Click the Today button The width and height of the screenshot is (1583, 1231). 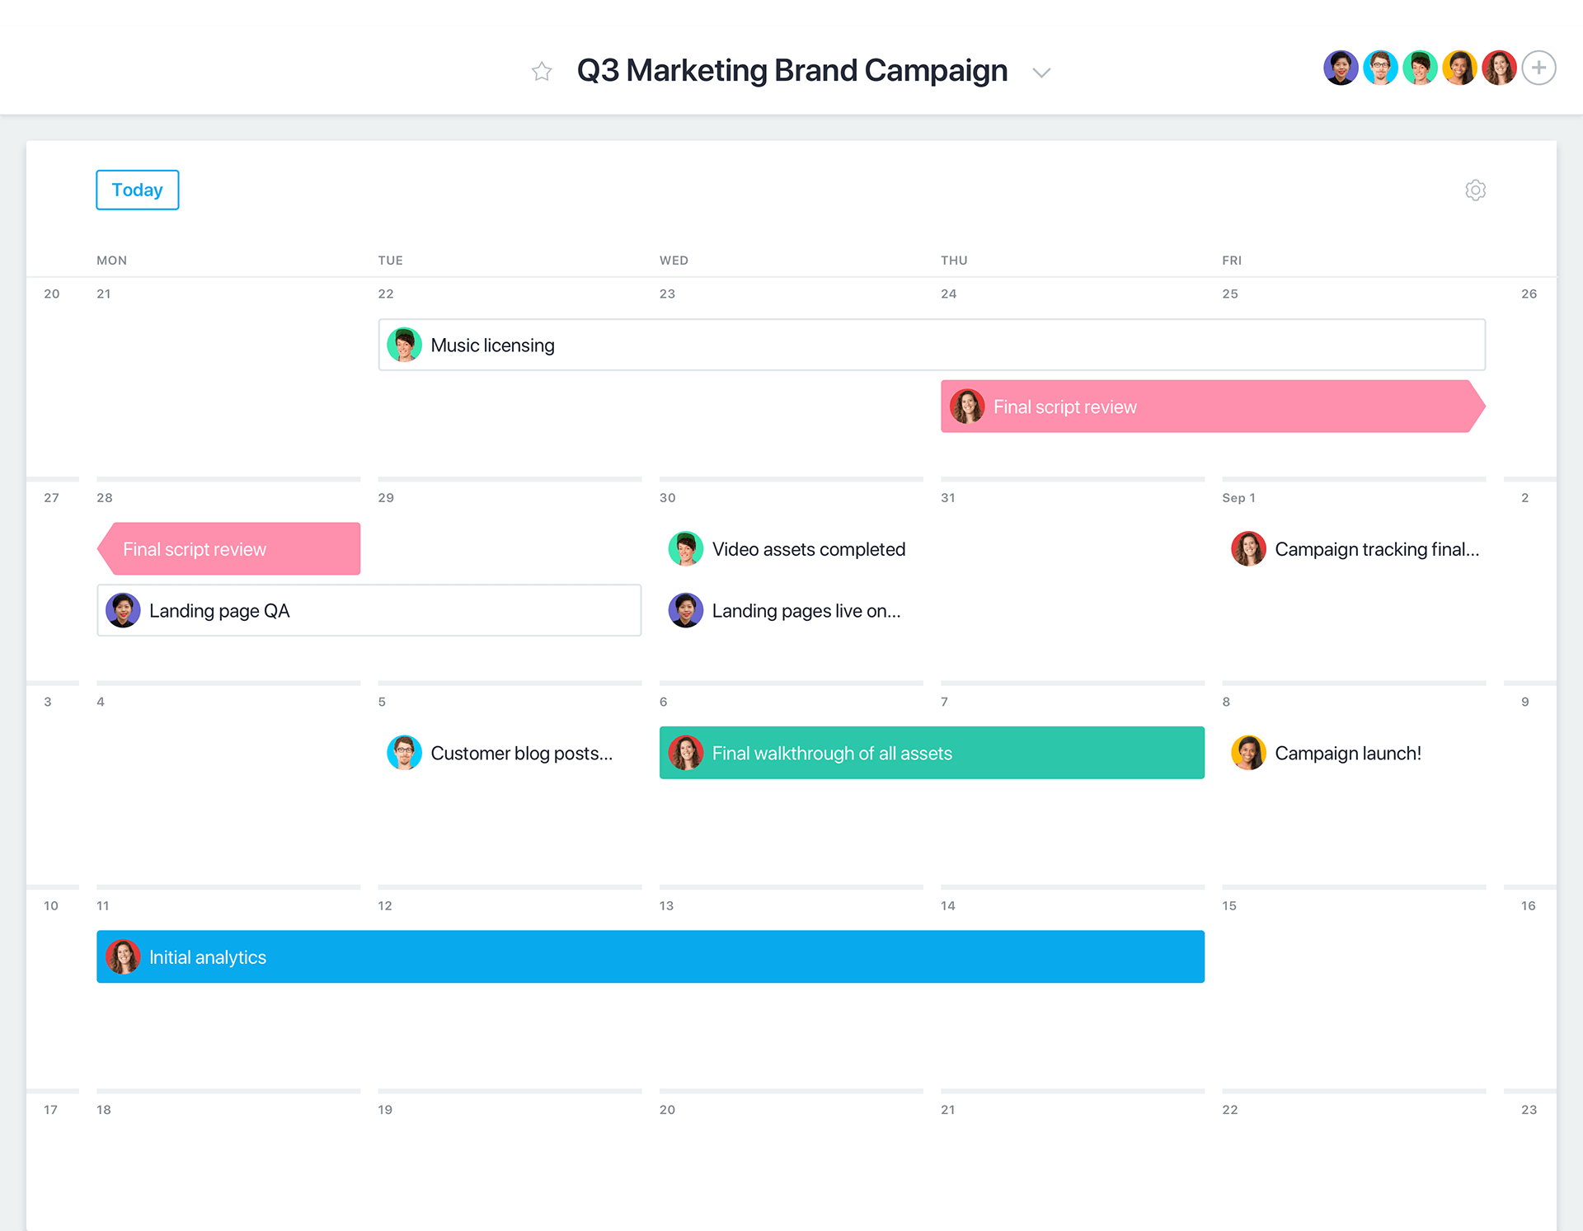tap(137, 190)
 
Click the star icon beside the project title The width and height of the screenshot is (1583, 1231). tap(542, 72)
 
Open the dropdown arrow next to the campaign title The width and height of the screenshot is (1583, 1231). tap(1041, 73)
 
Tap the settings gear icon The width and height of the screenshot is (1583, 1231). tap(1475, 190)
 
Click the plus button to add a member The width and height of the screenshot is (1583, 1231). tap(1538, 68)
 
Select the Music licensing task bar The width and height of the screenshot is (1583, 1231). tap(932, 345)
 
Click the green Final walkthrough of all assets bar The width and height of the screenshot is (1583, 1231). tap(932, 753)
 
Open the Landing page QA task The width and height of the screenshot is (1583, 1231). tap(369, 610)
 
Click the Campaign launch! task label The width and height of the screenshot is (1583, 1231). tap(1347, 753)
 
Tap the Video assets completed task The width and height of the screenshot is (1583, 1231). tap(808, 549)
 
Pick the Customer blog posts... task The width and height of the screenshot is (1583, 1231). tap(521, 753)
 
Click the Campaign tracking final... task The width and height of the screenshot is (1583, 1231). tap(1376, 549)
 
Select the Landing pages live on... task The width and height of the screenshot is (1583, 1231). tap(806, 611)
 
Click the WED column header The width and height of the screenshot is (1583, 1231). tap(674, 261)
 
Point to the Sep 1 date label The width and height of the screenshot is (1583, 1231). tap(1238, 498)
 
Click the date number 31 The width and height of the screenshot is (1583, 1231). tap(948, 498)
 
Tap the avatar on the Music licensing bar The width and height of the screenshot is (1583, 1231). tap(404, 345)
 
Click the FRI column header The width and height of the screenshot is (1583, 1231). tap(1232, 261)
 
